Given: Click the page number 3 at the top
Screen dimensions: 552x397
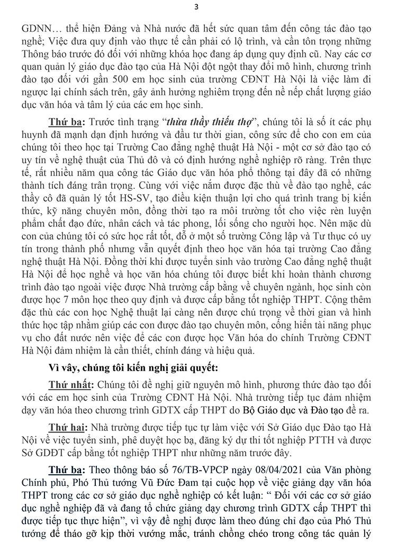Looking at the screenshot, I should coord(196,7).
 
